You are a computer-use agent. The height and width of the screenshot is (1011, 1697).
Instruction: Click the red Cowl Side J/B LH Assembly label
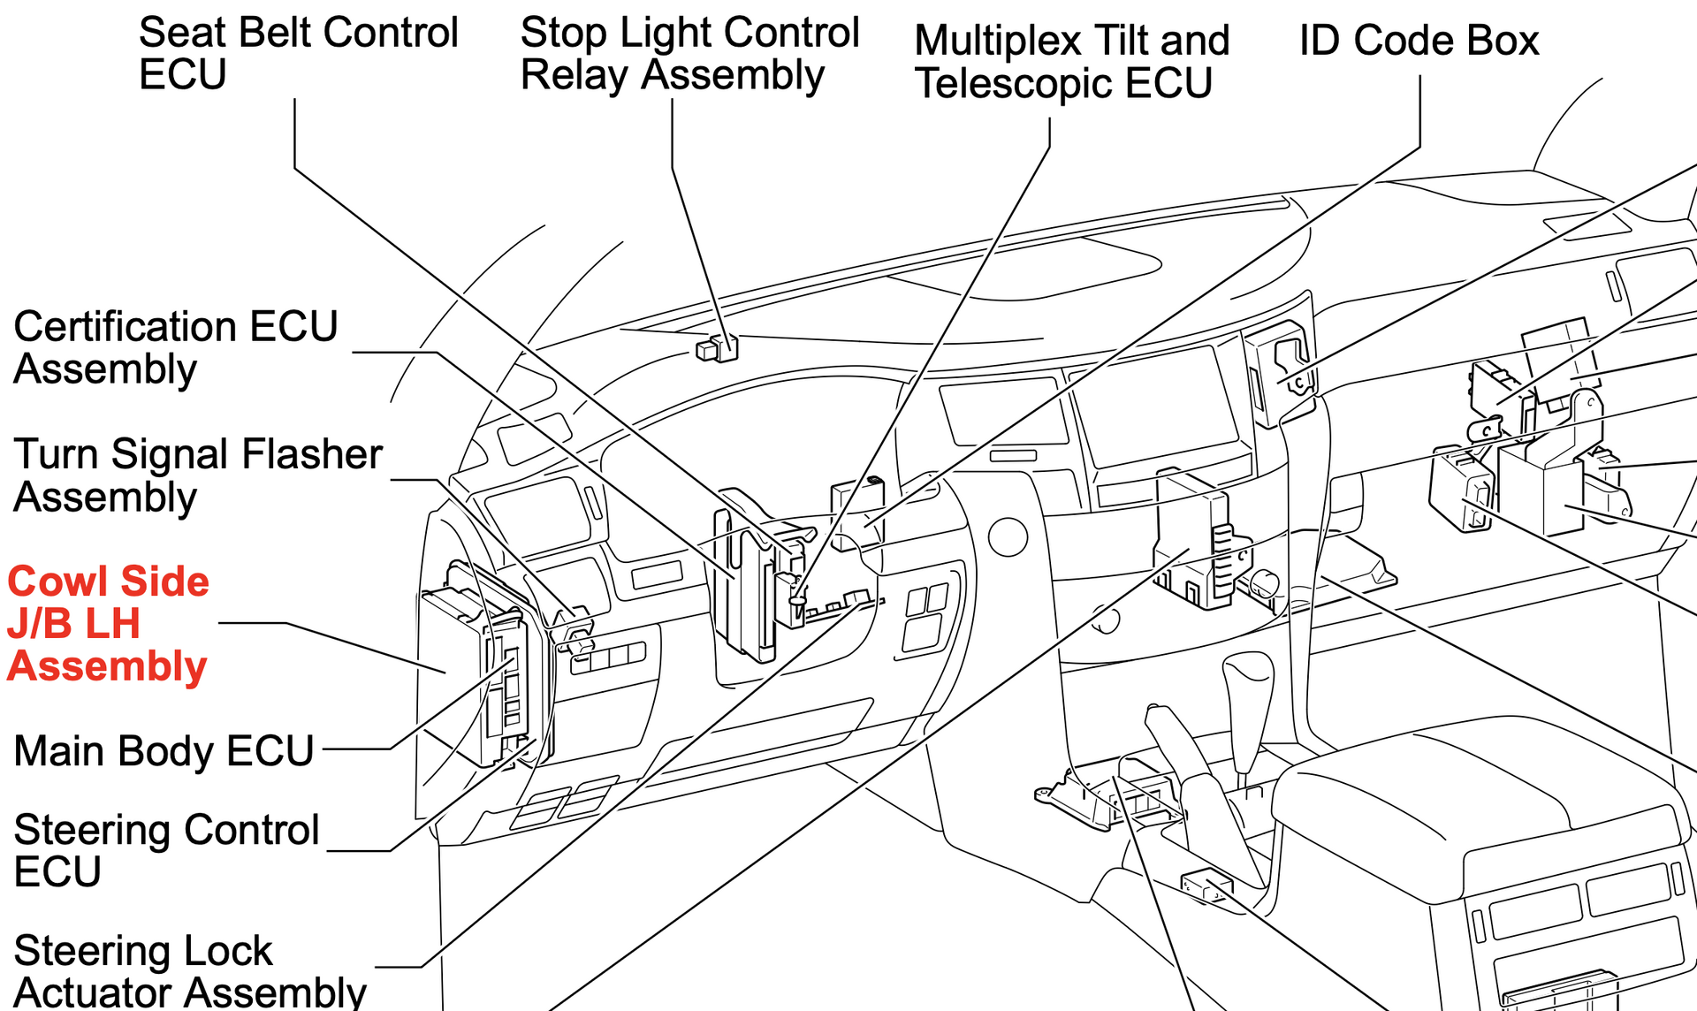tap(108, 624)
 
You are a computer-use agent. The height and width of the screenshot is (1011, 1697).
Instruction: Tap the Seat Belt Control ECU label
tap(298, 53)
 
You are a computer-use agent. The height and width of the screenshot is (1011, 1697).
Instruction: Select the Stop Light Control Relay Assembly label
tap(689, 53)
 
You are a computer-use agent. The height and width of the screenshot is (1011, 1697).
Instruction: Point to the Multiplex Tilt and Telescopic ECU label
tap(1071, 62)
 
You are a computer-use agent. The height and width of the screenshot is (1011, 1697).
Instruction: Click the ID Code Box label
tap(1419, 41)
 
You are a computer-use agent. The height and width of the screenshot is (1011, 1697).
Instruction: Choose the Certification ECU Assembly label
tap(175, 347)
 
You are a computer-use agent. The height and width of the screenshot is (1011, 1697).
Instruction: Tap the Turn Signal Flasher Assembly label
tap(197, 475)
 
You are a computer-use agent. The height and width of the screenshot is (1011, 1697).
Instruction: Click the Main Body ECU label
tap(164, 751)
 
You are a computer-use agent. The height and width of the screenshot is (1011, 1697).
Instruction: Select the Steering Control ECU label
tap(166, 850)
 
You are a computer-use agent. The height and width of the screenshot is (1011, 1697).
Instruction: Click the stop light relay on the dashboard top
tap(718, 348)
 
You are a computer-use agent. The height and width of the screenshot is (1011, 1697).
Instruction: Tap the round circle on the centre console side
tap(1008, 536)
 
